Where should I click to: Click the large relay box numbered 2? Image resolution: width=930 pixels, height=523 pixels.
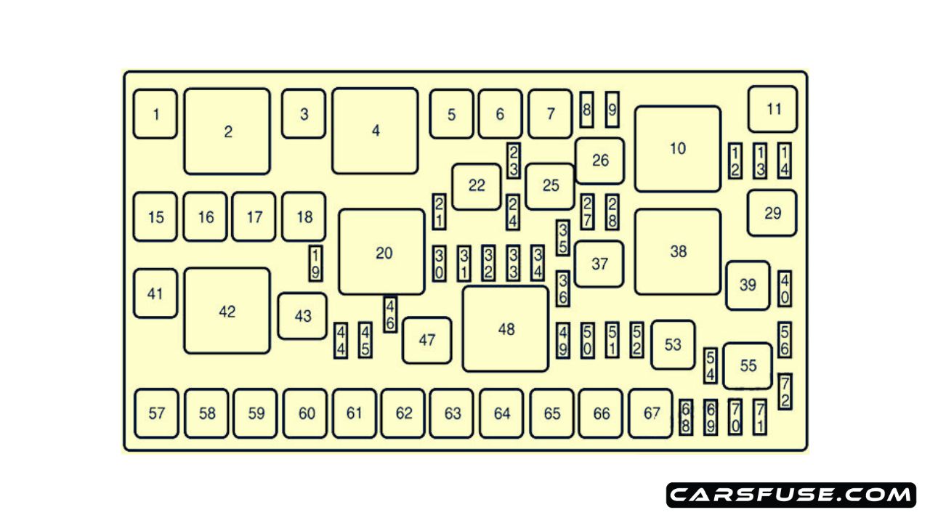point(227,131)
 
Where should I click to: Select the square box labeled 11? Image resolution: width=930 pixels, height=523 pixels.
point(773,109)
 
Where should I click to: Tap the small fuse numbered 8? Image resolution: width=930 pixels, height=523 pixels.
point(587,110)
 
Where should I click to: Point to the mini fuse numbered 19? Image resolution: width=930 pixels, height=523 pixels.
point(315,263)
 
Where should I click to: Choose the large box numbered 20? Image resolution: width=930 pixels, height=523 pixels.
point(382,252)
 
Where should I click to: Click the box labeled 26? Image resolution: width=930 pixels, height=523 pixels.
point(600,161)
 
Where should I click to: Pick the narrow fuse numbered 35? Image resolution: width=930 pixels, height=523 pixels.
point(563,238)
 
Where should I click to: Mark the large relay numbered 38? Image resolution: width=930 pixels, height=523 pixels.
point(678,251)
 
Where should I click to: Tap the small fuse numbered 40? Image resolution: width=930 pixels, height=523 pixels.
point(785,288)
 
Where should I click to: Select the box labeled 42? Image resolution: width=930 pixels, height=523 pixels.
point(227,311)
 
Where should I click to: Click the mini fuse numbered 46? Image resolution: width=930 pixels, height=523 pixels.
point(390,315)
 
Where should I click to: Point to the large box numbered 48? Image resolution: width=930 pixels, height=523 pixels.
point(506,328)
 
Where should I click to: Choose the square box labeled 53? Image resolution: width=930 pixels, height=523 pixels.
point(673,344)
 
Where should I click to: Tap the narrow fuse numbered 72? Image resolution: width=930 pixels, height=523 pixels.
point(785,392)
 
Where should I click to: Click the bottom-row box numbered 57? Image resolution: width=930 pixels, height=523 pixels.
point(156,413)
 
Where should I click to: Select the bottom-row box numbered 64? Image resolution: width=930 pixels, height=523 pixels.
point(501,413)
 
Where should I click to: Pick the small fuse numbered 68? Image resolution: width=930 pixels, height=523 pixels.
point(685,417)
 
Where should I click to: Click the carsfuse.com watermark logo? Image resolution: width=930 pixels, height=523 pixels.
point(791,495)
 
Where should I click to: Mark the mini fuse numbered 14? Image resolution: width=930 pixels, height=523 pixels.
point(785,161)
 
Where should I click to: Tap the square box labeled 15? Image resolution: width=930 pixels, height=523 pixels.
point(155,216)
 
